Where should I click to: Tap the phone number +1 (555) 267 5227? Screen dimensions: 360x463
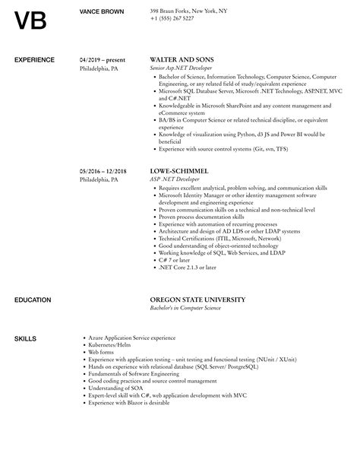coord(172,19)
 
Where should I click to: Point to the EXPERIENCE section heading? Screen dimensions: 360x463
coord(36,59)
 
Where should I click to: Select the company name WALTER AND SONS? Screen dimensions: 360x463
coord(182,59)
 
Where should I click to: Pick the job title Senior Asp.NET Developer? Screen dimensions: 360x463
coord(185,67)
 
